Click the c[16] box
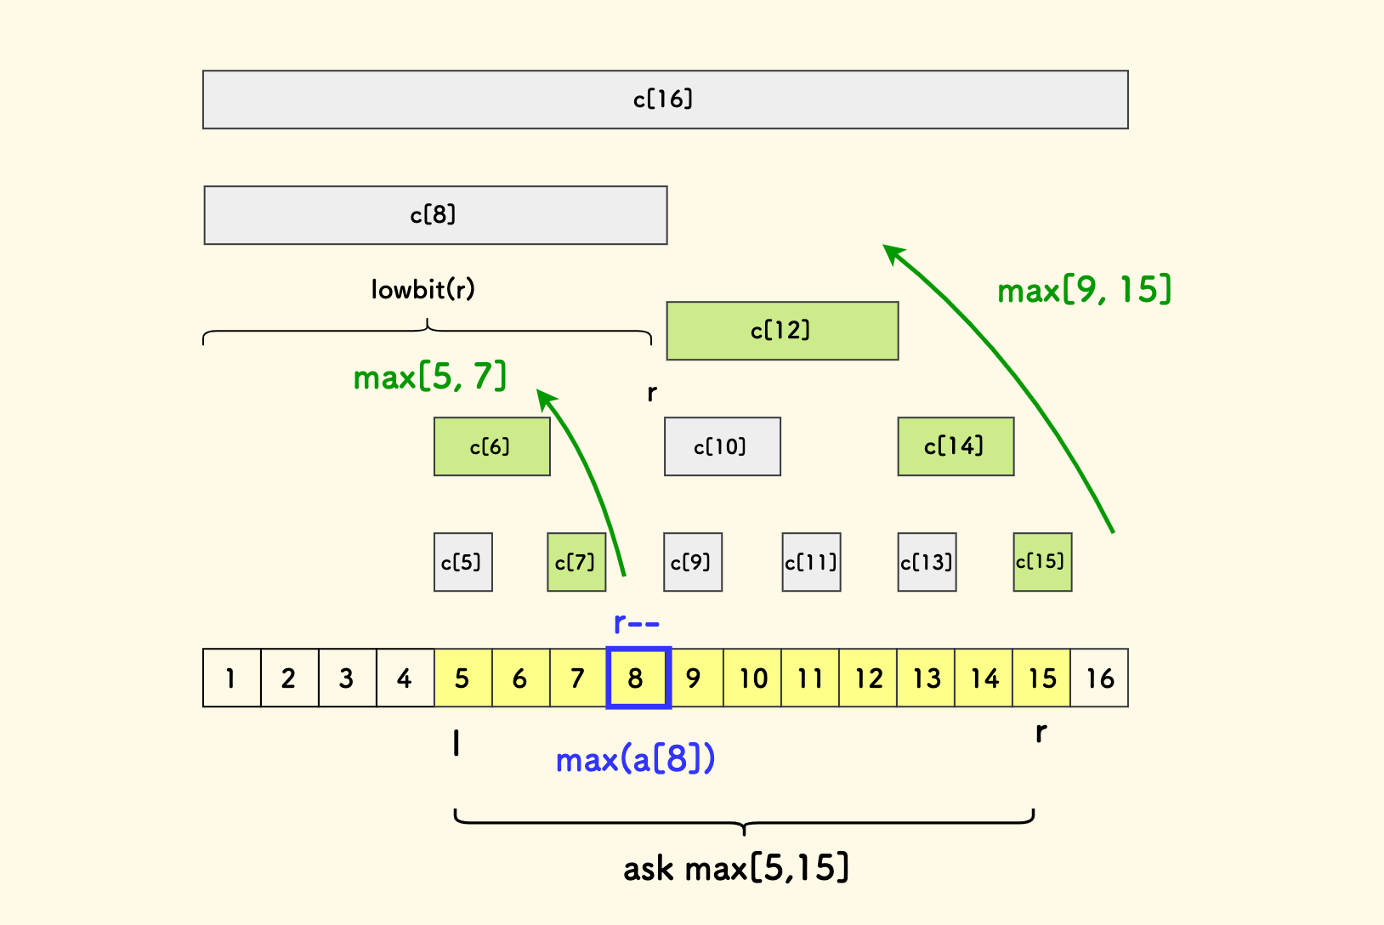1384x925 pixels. point(665,99)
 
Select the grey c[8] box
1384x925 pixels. point(435,215)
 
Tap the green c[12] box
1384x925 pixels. point(782,331)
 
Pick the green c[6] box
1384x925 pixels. point(491,446)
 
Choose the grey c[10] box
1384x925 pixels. point(722,446)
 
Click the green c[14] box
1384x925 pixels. point(956,446)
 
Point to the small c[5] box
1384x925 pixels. point(462,562)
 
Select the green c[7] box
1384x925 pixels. point(576,562)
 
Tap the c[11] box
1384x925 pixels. point(811,562)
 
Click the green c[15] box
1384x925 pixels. point(1042,562)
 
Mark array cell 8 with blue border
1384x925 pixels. point(638,678)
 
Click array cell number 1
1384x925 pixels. point(231,678)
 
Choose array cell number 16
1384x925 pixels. point(1099,678)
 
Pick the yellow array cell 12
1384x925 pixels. point(868,678)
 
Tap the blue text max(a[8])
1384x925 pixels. point(635,758)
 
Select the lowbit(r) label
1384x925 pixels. point(423,290)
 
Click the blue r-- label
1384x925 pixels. point(636,624)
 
